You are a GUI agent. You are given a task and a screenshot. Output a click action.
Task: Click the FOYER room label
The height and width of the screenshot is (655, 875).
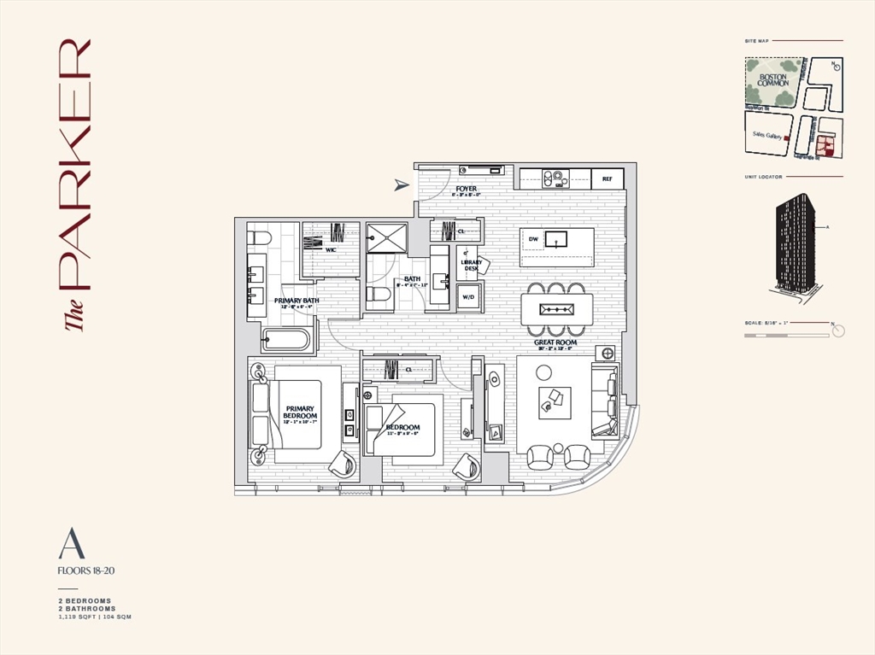click(x=467, y=189)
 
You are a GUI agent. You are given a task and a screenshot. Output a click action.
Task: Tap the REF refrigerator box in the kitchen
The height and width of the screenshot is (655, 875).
click(x=608, y=179)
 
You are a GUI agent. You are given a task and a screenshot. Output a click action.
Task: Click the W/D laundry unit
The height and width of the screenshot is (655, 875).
click(x=468, y=297)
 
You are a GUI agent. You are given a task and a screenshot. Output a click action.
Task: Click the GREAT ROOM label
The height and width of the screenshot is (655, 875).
click(x=555, y=342)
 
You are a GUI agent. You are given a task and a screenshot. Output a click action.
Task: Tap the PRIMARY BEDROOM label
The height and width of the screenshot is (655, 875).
click(x=300, y=412)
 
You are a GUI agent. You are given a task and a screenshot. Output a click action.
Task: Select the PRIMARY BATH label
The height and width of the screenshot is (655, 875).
click(x=297, y=301)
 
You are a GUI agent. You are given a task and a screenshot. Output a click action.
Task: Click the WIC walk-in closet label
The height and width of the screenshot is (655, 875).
click(x=330, y=249)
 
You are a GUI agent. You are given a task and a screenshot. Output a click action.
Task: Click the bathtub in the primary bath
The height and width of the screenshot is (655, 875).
click(x=286, y=340)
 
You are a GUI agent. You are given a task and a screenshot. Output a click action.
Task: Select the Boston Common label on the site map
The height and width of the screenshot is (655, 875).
click(x=772, y=79)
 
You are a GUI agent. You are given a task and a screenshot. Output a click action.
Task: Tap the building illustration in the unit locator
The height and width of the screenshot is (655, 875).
click(x=795, y=243)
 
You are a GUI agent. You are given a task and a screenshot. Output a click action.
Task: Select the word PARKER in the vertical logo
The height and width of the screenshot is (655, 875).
click(x=73, y=162)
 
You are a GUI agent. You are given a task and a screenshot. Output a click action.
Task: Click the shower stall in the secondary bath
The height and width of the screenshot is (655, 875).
click(x=386, y=238)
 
